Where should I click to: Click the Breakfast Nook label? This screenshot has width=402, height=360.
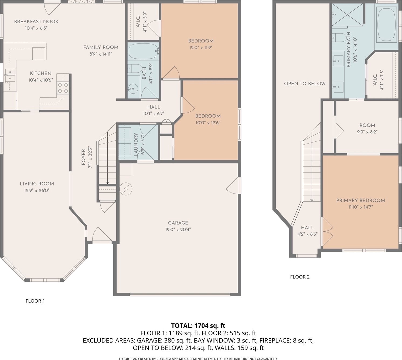click(x=36, y=21)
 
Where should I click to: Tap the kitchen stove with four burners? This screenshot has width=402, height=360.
click(x=63, y=88)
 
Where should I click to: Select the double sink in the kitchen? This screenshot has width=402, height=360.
click(x=10, y=75)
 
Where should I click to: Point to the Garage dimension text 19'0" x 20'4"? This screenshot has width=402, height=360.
click(x=178, y=230)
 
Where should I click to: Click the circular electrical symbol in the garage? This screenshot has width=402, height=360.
click(x=126, y=189)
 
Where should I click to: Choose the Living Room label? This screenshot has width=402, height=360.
click(x=37, y=184)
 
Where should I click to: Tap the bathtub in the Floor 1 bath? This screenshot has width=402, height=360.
click(x=143, y=51)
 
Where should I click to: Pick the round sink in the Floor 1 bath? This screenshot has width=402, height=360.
click(x=133, y=89)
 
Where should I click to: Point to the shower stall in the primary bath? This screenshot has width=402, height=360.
click(x=348, y=15)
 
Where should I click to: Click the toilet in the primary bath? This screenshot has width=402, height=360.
click(x=339, y=38)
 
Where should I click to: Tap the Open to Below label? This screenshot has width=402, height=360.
click(x=305, y=84)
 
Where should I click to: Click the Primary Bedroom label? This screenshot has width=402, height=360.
click(x=360, y=201)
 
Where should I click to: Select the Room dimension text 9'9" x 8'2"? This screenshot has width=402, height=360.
click(x=367, y=132)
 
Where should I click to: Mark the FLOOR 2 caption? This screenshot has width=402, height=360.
click(x=300, y=277)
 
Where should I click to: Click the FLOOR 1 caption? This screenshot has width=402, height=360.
click(x=35, y=301)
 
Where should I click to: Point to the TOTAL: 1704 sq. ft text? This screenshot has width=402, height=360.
click(x=198, y=326)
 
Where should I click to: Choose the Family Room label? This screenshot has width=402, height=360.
click(x=101, y=47)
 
